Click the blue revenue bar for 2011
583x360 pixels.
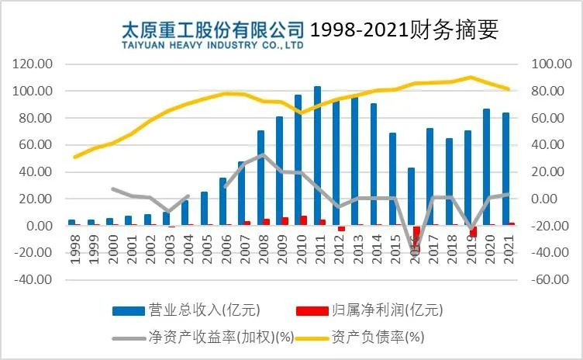click(x=317, y=155)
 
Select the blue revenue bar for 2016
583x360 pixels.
click(x=412, y=196)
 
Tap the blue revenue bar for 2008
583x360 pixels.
click(x=260, y=178)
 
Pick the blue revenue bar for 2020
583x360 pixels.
click(x=487, y=167)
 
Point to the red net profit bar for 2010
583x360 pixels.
click(x=304, y=220)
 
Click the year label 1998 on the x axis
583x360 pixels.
click(x=73, y=249)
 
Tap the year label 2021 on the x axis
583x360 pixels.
click(x=507, y=249)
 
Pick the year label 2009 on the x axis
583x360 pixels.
click(x=281, y=249)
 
